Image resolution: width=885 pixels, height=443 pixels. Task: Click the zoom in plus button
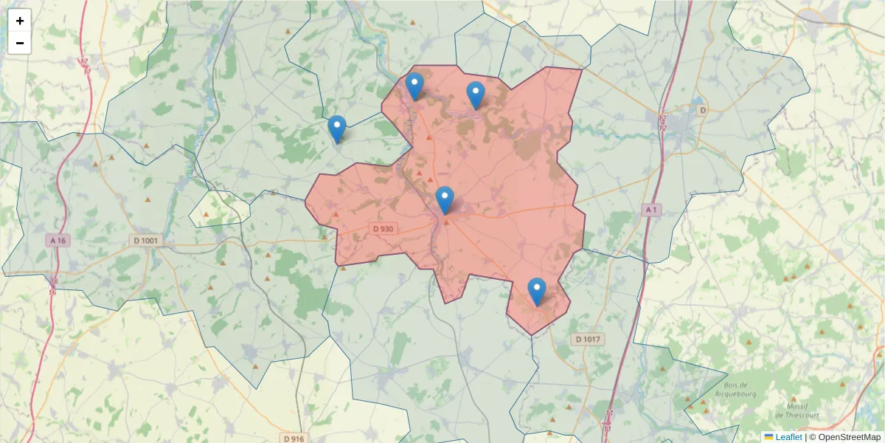20,21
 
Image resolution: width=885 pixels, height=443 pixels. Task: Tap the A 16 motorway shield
58,240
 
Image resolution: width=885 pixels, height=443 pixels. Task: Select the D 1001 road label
146,240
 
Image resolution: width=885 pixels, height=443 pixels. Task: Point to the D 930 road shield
383,229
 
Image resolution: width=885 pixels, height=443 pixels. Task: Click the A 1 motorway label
650,210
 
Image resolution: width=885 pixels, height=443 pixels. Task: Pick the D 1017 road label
587,339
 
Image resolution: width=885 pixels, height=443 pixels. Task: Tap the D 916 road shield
294,439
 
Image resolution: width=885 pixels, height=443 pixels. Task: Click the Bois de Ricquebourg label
737,389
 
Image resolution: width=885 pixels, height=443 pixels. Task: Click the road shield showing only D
702,110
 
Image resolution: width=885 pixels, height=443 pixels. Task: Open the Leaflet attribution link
788,437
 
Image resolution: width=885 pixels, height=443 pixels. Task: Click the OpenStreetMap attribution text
849,437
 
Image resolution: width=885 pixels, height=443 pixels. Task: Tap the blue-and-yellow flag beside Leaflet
768,437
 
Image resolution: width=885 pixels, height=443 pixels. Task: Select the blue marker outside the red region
337,130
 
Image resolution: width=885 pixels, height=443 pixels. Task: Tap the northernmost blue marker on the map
414,86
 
